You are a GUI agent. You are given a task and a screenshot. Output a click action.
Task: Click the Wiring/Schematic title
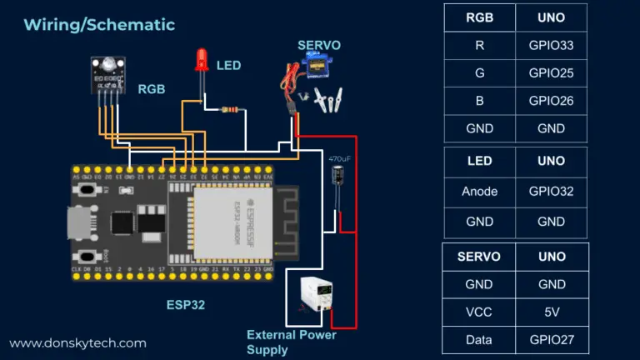click(x=99, y=24)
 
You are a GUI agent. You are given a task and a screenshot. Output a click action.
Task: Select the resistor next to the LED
click(x=230, y=108)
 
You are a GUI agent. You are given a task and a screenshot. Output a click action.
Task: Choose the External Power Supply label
click(x=291, y=342)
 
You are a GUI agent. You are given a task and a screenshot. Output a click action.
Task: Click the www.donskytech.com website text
click(x=77, y=342)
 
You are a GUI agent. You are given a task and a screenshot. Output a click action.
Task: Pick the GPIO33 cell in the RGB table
click(x=551, y=45)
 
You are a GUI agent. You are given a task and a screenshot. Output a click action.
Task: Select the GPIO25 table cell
click(x=551, y=73)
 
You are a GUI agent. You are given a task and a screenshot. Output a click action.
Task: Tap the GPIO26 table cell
click(x=551, y=101)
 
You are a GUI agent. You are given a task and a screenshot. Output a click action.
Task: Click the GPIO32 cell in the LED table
click(x=551, y=191)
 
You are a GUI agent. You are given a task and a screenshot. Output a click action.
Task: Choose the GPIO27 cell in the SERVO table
click(x=551, y=340)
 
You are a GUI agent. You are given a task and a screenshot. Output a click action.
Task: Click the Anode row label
click(x=479, y=191)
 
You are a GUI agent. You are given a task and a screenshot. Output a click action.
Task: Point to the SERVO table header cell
click(x=479, y=256)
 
